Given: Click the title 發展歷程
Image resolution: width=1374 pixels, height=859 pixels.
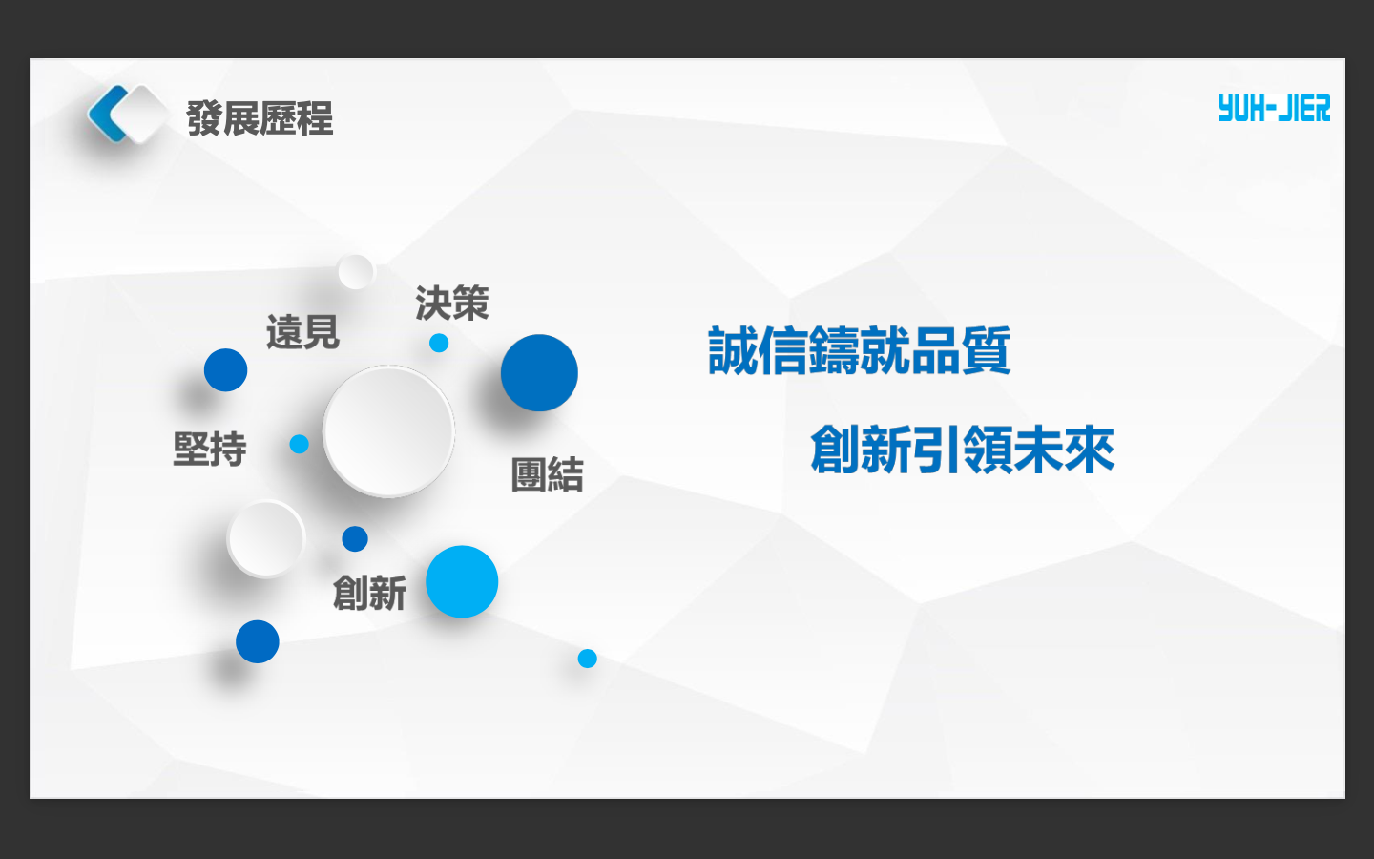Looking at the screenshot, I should (x=260, y=119).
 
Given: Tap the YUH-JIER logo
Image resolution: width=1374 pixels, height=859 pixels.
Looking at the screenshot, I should (x=1274, y=109).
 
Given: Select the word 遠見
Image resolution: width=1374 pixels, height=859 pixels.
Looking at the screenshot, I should (x=302, y=333).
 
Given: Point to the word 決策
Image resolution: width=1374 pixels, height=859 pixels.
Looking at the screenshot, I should (x=451, y=304).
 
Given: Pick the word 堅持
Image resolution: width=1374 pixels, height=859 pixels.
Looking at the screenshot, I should (x=210, y=449).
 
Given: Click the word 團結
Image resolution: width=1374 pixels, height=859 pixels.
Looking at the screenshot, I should (x=547, y=474).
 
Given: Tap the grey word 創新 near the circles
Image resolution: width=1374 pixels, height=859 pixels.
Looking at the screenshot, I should (x=369, y=594).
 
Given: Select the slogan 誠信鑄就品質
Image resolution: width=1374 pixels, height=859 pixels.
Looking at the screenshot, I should (x=859, y=351).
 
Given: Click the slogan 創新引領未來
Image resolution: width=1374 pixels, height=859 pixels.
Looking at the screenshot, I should (x=962, y=450).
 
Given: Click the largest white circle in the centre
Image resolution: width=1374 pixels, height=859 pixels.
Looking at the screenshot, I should (x=388, y=431).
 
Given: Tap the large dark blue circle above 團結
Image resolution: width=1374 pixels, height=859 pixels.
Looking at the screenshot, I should (x=539, y=373).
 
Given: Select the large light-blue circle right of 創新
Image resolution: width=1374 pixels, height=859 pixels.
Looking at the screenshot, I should (x=462, y=581).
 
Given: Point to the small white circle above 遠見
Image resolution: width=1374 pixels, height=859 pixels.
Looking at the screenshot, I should (x=356, y=272).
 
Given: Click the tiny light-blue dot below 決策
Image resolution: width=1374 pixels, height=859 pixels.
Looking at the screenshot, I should (x=439, y=343).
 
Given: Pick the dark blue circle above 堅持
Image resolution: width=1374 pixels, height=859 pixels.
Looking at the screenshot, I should (x=226, y=370).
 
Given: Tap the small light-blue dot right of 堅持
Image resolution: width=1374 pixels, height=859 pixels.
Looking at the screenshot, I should (x=300, y=444).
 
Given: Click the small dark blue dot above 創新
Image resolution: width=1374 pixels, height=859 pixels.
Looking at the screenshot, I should (x=355, y=539).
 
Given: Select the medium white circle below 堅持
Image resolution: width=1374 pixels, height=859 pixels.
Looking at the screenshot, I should (x=266, y=539).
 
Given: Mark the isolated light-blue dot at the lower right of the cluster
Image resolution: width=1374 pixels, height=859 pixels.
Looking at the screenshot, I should (x=588, y=659).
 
